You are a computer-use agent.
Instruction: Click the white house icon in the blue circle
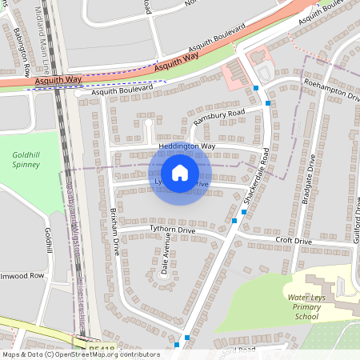pyautogui.click(x=180, y=173)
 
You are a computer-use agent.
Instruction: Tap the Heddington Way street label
pyautogui.click(x=186, y=147)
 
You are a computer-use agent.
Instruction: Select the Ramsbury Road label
pyautogui.click(x=218, y=118)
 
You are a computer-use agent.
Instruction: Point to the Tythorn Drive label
pyautogui.click(x=173, y=230)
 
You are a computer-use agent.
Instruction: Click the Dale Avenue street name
pyautogui.click(x=166, y=257)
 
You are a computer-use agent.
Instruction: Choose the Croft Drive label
pyautogui.click(x=294, y=241)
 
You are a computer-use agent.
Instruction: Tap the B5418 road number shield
pyautogui.click(x=102, y=348)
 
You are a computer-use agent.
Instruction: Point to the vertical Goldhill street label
pyautogui.click(x=49, y=240)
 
